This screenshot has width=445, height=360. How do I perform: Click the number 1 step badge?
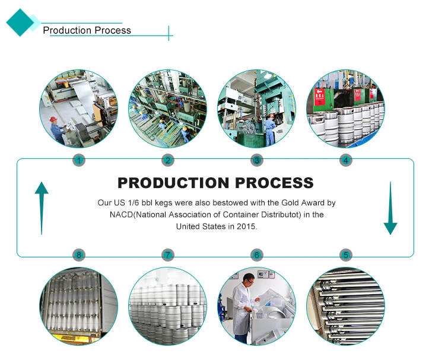(x=78, y=160)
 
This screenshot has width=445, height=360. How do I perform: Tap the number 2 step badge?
(x=168, y=160)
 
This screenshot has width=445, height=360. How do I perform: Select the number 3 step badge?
(x=257, y=160)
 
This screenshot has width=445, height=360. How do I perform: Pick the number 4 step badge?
(x=346, y=160)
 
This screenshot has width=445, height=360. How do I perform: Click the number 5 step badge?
(x=346, y=255)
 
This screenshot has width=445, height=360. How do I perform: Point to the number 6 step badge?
(x=257, y=255)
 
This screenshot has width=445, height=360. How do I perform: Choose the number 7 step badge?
(x=168, y=255)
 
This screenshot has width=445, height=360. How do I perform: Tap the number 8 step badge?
(x=78, y=255)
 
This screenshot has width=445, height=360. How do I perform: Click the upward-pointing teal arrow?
(x=42, y=208)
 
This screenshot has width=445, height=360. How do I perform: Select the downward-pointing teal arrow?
(x=390, y=208)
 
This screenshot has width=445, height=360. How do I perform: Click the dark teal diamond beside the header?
(x=20, y=23)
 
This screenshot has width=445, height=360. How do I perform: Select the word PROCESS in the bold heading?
(x=275, y=183)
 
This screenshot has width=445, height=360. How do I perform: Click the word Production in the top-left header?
(x=67, y=30)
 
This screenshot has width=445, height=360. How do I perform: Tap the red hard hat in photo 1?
(x=53, y=119)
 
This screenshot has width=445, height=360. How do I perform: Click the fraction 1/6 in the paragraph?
(x=133, y=203)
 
